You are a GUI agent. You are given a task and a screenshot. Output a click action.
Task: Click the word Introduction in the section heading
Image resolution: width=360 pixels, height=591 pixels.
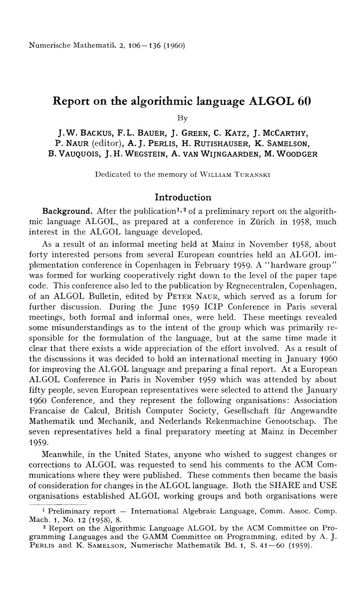183,197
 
